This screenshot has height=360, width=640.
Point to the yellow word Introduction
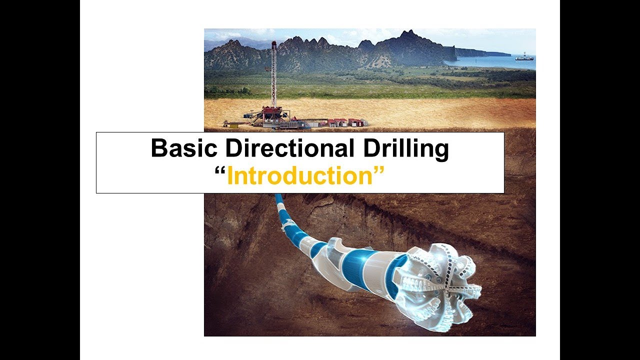tap(300, 176)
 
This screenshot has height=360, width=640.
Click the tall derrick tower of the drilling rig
tap(273, 75)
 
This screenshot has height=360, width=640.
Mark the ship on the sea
tap(524, 57)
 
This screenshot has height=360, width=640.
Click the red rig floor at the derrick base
tap(271, 111)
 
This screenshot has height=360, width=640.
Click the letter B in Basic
tap(159, 149)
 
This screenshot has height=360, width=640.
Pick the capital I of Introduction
tap(229, 176)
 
